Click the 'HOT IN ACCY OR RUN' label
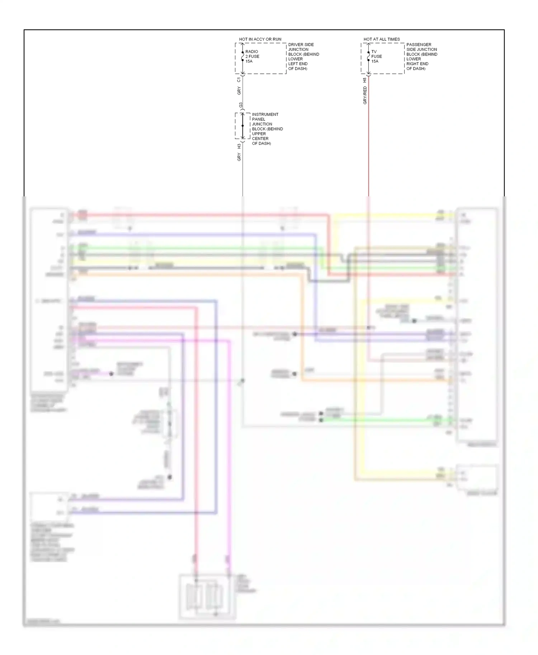(x=260, y=39)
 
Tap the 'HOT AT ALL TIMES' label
(x=381, y=39)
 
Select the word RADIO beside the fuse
(x=251, y=52)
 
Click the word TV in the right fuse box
(x=374, y=52)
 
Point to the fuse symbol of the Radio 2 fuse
(x=243, y=56)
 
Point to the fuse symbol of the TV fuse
(x=368, y=56)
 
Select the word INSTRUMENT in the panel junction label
(x=265, y=114)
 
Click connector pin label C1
(x=239, y=80)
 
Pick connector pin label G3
(x=241, y=105)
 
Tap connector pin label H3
(x=239, y=146)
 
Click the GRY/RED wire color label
(x=365, y=95)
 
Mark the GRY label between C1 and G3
(x=239, y=91)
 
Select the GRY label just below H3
(x=239, y=157)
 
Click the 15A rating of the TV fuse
(x=374, y=61)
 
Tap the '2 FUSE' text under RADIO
(x=252, y=56)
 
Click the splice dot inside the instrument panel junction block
(x=243, y=126)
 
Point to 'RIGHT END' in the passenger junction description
(x=417, y=64)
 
